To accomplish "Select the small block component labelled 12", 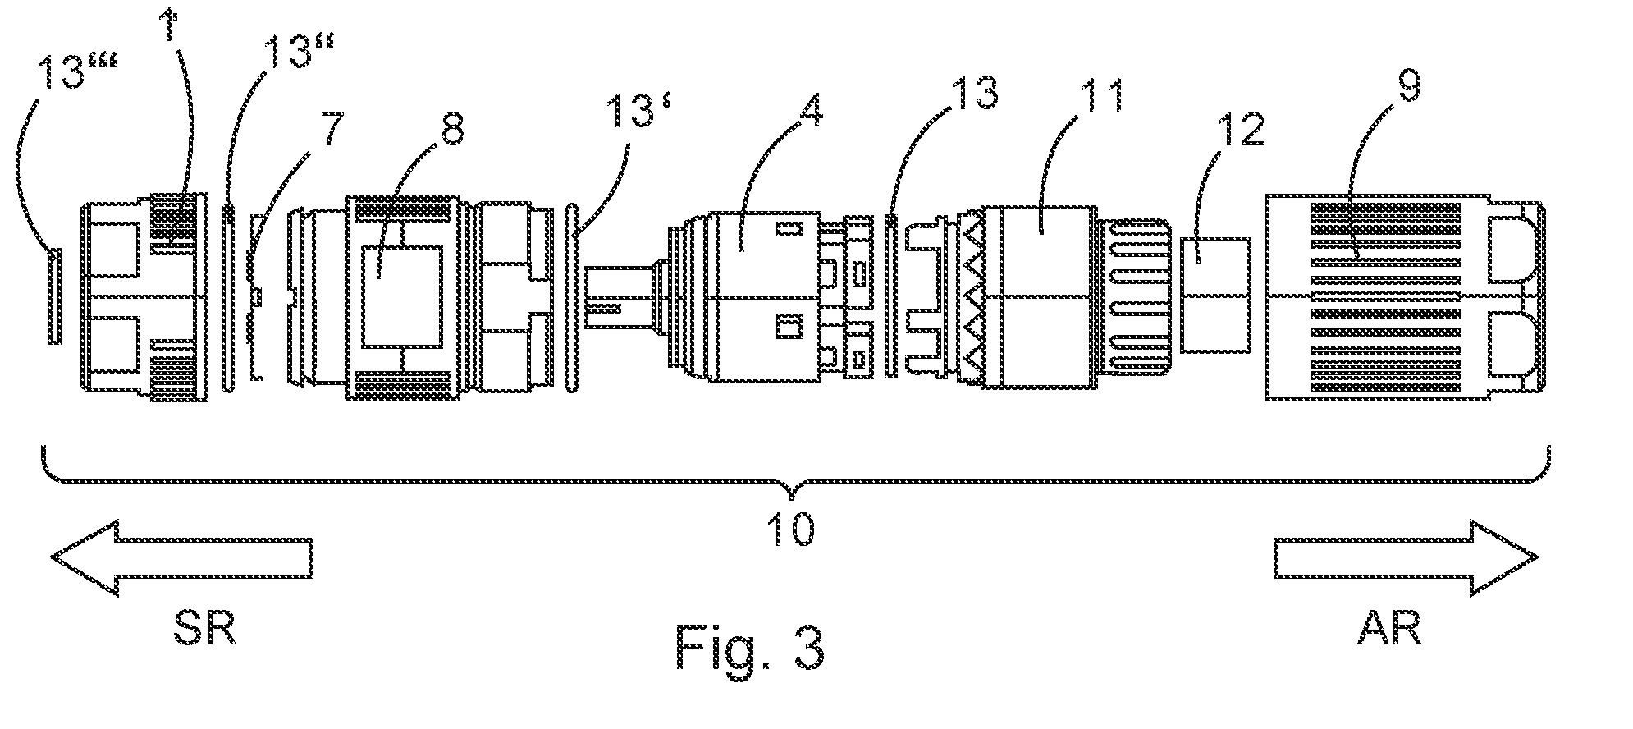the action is point(1215,296).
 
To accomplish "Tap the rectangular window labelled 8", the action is point(401,299).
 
